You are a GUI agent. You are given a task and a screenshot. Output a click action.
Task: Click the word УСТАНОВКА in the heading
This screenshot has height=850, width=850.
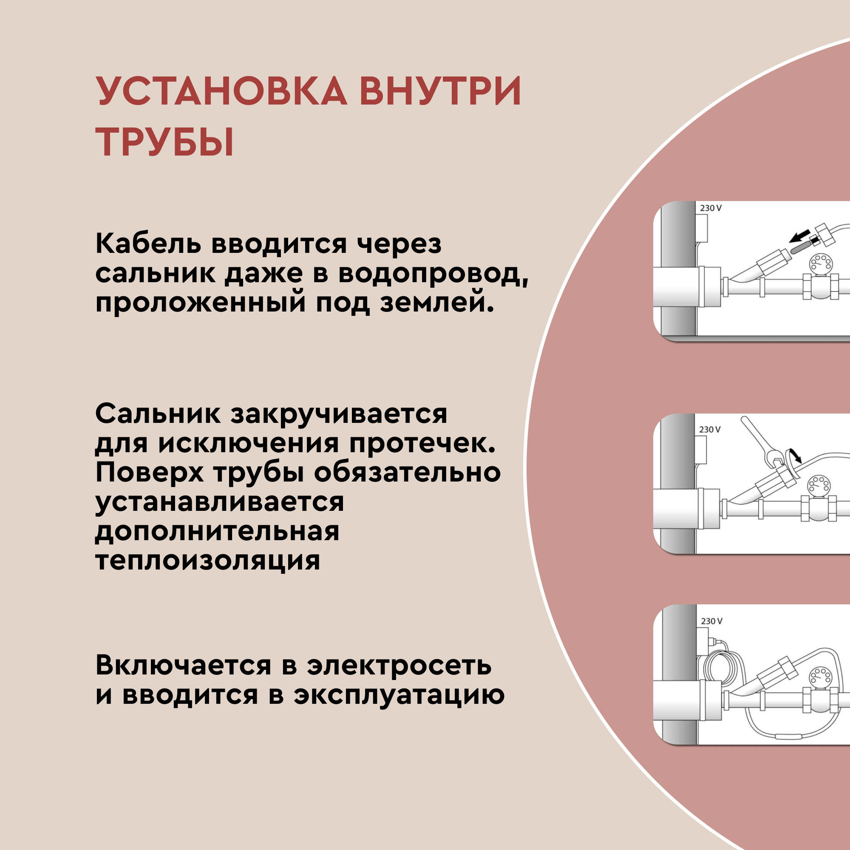point(222,91)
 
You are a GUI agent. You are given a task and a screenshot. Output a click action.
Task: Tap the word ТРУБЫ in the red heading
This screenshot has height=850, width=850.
point(164,142)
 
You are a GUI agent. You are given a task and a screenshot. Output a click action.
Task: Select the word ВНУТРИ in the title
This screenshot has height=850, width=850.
point(440,91)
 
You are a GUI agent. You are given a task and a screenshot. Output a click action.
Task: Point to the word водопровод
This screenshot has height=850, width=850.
point(433,274)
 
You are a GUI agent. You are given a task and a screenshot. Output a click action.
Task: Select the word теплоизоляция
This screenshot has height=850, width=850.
point(208,561)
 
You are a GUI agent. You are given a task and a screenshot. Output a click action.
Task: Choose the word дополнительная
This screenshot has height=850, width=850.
point(217,532)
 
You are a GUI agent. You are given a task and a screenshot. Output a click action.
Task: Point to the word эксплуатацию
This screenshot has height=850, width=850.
point(399,695)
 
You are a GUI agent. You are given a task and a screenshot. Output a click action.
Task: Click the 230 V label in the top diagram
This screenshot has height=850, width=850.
point(711,208)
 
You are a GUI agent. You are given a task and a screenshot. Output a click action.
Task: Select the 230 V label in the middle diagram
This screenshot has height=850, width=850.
point(710,429)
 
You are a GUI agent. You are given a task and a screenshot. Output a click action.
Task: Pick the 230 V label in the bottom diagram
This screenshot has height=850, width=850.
point(711,621)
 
